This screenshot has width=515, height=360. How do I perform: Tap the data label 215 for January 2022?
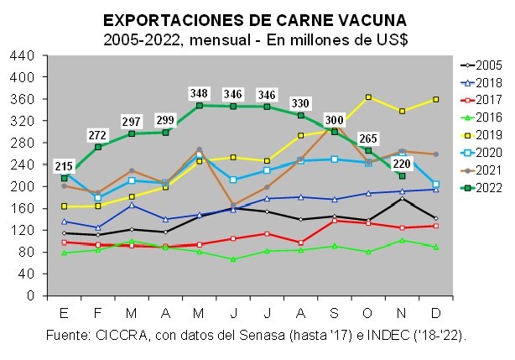point(64,165)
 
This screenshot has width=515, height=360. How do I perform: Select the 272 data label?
point(97,134)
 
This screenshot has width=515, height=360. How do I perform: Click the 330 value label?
point(300,102)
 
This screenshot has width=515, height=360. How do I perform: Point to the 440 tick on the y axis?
point(23,55)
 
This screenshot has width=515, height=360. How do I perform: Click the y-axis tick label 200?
point(23,186)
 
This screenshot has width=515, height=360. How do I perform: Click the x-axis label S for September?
point(335,312)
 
